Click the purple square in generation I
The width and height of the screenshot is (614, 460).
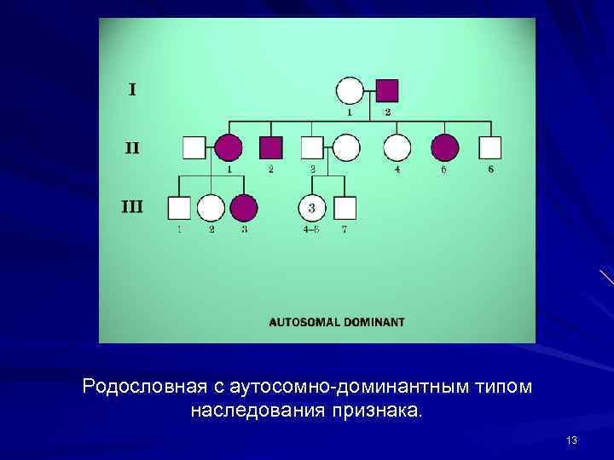click(387, 91)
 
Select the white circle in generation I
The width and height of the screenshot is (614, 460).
click(350, 91)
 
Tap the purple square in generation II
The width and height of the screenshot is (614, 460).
click(271, 147)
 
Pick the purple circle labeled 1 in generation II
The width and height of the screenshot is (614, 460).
click(229, 147)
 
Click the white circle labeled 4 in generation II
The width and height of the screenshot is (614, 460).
click(397, 147)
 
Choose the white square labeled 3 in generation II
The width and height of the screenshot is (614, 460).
click(313, 147)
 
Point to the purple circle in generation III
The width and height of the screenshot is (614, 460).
click(244, 207)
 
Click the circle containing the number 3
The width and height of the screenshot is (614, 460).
click(312, 207)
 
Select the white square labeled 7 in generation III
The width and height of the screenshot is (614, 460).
click(345, 207)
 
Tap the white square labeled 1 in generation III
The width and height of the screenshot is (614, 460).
click(179, 207)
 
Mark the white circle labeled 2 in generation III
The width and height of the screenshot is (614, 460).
click(211, 207)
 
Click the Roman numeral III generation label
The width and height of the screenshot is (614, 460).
click(131, 205)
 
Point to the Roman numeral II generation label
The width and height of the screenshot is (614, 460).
click(132, 147)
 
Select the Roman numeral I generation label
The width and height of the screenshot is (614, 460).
click(132, 89)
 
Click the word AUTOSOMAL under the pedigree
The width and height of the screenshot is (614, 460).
click(303, 322)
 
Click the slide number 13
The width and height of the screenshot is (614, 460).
click(571, 440)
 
